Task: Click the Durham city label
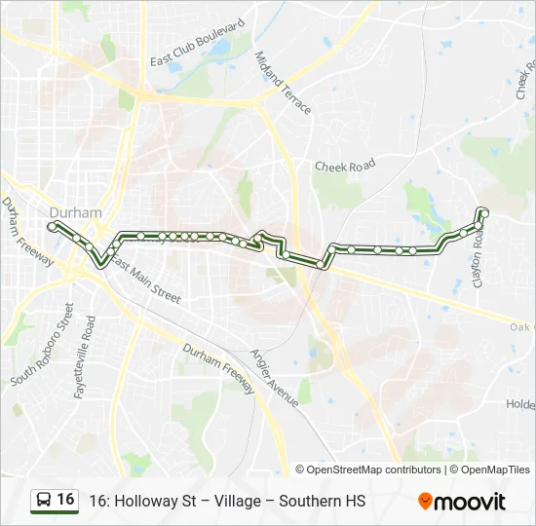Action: point(75,212)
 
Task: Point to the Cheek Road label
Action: point(344,167)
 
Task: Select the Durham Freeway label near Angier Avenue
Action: point(218,367)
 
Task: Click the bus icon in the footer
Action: point(43,501)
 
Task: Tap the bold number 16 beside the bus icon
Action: point(65,500)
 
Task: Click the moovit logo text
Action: point(471,502)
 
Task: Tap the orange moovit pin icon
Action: point(425,501)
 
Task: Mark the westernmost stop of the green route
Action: point(52,226)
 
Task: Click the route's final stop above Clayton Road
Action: point(484,213)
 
